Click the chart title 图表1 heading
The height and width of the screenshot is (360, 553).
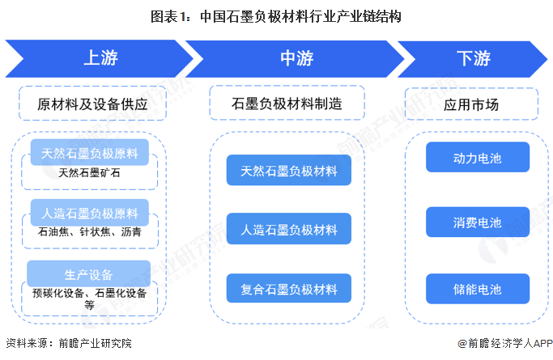coord(276,15)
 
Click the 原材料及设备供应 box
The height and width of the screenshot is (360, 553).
coord(90,104)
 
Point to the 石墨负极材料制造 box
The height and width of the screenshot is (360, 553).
coord(287,104)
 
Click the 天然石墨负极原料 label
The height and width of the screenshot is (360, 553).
coord(89,152)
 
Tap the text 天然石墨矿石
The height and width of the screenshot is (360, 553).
coord(89,172)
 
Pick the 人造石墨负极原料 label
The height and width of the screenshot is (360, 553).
coord(89,214)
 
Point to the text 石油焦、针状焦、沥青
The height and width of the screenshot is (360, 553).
coord(89,232)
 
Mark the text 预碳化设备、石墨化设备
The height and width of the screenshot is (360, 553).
coord(89,293)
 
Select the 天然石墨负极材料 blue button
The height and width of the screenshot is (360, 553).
coord(288,171)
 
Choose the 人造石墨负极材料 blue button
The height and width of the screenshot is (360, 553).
coord(288,229)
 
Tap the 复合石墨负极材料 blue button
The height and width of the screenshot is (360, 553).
coord(288,288)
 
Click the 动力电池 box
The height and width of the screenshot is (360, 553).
coord(477,158)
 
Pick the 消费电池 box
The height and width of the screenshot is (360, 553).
coord(477,222)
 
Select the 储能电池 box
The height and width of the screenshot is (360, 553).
coord(477,289)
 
